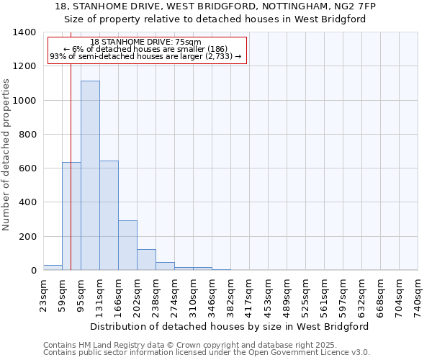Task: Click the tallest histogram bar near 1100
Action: click(x=90, y=176)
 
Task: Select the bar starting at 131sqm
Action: click(x=109, y=215)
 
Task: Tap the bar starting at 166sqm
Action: click(x=127, y=245)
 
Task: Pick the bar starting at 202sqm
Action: click(x=146, y=259)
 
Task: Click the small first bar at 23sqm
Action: click(x=53, y=267)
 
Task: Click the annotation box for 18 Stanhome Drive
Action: click(x=147, y=50)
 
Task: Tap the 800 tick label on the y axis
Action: click(x=27, y=135)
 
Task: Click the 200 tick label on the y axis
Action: click(x=27, y=237)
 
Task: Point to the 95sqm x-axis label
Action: click(x=81, y=294)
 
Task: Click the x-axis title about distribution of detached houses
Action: click(x=230, y=326)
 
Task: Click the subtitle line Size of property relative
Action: click(x=215, y=19)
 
